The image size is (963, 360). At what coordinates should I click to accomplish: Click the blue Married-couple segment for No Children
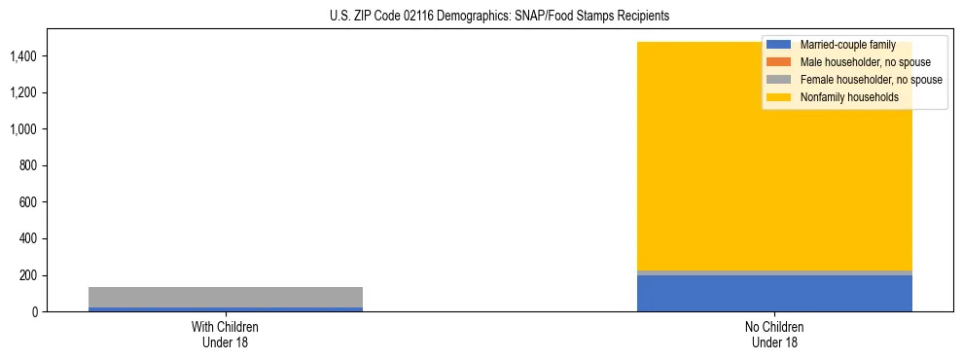(774, 293)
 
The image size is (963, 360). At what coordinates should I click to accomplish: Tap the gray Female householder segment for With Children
(225, 297)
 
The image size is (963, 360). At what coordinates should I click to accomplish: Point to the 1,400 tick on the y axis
(23, 56)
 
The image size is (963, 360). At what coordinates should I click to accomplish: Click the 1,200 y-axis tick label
(23, 92)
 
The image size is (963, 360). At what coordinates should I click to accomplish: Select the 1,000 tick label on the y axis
(23, 129)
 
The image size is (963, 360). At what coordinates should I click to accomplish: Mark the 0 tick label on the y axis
(35, 311)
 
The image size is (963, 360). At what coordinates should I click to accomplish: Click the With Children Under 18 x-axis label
(225, 334)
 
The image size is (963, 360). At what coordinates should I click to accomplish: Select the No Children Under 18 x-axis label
(774, 334)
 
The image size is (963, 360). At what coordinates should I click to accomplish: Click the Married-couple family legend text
(847, 45)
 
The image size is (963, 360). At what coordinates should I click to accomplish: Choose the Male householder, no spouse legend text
(865, 62)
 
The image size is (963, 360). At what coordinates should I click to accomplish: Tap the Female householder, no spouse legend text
(871, 80)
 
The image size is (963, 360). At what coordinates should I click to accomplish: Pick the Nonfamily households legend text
(849, 97)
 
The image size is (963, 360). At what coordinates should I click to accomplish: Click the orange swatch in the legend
(779, 62)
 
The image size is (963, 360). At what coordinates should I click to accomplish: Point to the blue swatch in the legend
(779, 45)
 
